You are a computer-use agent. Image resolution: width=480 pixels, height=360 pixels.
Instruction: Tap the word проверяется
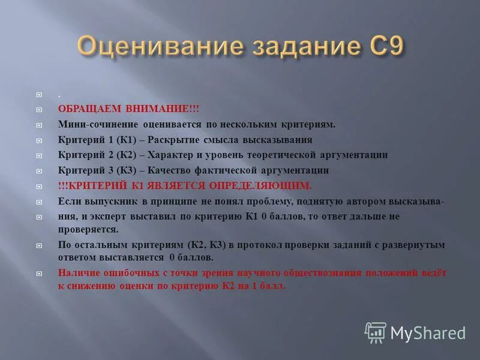click(88, 229)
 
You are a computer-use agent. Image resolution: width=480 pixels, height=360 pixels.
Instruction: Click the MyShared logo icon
click(376, 332)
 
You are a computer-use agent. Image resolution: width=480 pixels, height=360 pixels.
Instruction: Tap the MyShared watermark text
click(428, 332)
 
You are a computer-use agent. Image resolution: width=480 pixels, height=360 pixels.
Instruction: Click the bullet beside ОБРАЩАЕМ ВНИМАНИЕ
click(39, 109)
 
